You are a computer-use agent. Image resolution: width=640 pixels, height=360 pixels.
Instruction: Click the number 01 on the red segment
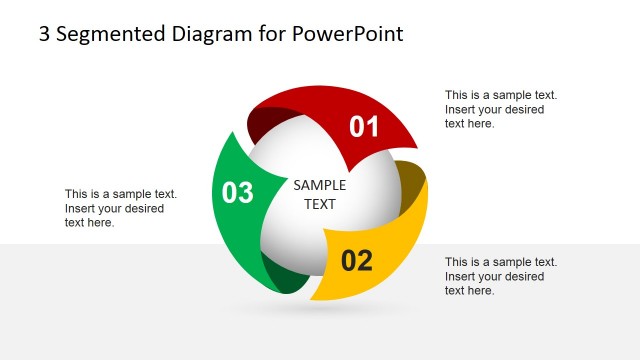364,127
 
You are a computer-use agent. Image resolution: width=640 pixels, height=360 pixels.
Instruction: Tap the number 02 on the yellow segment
357,261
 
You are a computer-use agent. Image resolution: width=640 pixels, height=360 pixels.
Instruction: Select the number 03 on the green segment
237,192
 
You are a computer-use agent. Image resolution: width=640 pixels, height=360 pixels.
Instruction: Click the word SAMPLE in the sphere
319,185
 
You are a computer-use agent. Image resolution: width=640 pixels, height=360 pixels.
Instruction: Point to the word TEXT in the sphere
319,204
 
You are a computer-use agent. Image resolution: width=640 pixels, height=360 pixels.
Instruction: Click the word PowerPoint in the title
348,34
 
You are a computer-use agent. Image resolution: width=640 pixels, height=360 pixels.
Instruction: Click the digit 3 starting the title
44,34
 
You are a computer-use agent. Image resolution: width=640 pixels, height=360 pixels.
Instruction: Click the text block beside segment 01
500,110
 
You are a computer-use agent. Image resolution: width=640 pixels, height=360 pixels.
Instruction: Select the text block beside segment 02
500,276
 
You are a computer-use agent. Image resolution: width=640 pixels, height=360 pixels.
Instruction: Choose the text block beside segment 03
120,208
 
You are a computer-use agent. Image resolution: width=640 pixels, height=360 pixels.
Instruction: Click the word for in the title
270,34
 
